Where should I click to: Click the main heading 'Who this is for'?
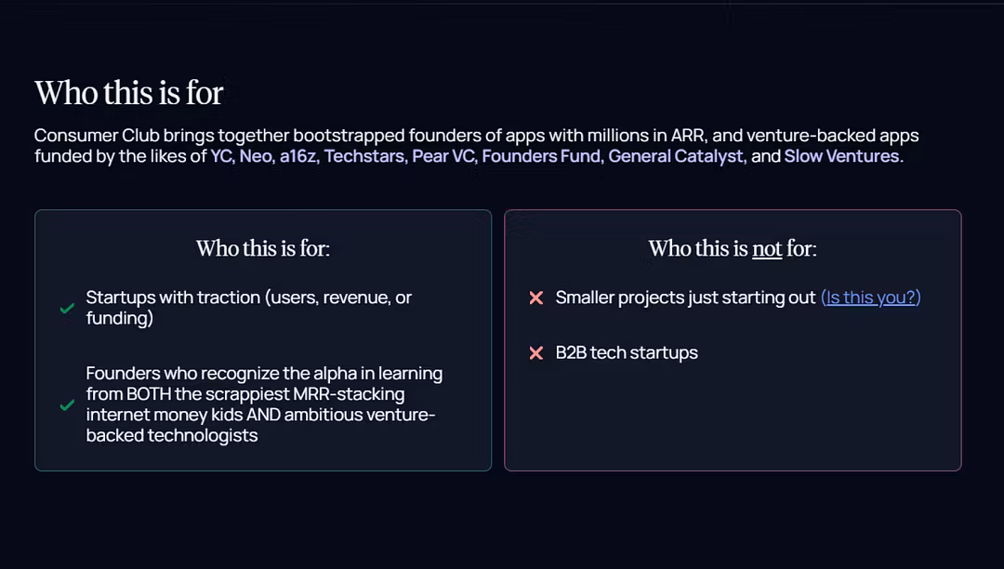[128, 93]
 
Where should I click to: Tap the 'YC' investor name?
[221, 156]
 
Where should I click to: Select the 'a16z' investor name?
[298, 156]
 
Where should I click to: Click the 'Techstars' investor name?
[364, 156]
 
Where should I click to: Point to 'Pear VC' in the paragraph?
[443, 156]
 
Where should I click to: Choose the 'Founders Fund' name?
[542, 156]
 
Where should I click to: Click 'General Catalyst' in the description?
[676, 156]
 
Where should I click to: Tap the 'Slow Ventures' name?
[842, 156]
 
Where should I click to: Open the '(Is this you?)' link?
[871, 298]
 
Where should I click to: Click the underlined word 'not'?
[767, 248]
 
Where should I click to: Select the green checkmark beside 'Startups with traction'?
[67, 309]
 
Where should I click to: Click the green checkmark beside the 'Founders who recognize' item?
[67, 405]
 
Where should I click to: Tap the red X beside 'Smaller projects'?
[536, 298]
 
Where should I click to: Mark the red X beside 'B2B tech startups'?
[536, 352]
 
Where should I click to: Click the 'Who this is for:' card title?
[263, 248]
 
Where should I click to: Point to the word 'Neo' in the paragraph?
[256, 156]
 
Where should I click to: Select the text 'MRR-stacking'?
[349, 394]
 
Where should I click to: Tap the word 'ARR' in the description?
[687, 136]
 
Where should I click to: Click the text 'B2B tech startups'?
[627, 352]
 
